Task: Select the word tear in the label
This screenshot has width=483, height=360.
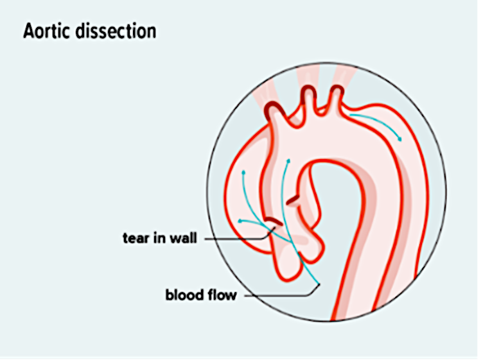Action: point(134,238)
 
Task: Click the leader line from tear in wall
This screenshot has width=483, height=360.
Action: point(238,238)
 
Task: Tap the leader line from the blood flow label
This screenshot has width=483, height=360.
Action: point(283,296)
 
